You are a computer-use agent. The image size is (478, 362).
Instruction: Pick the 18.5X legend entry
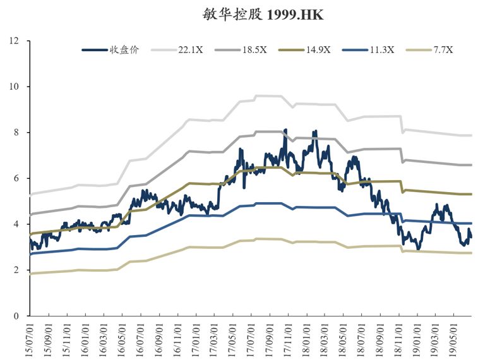coord(254,50)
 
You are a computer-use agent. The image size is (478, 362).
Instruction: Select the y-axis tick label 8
coord(18,133)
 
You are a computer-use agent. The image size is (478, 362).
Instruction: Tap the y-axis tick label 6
coord(18,179)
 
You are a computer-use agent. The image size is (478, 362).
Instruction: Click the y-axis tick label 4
coord(18,224)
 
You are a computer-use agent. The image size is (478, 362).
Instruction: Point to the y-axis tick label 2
coord(18,270)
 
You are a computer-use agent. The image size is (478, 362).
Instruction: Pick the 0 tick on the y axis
coord(18,316)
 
